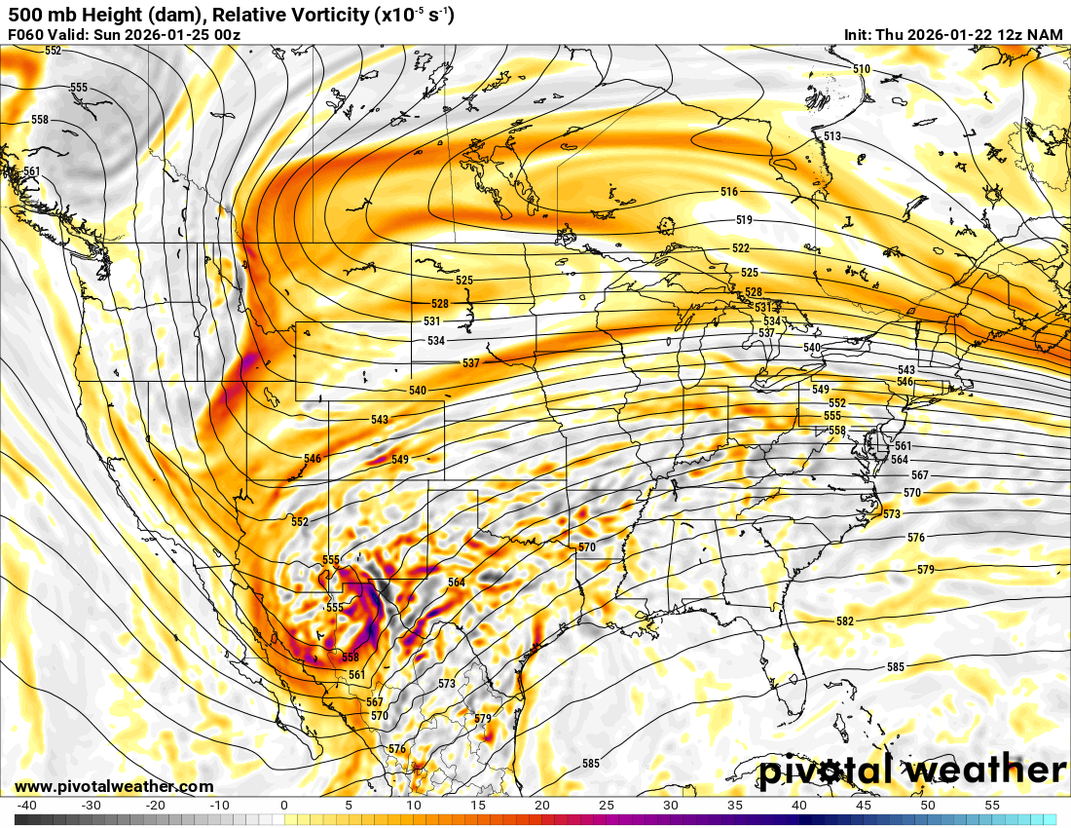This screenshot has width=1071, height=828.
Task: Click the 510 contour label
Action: pos(861,69)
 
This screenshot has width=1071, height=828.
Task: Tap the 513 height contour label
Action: pos(831,136)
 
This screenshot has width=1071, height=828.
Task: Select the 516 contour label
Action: pos(729,192)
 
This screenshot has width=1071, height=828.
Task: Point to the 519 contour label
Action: pos(744,220)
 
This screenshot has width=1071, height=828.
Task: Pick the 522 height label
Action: pos(741,249)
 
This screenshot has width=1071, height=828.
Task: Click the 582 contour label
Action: pos(844,621)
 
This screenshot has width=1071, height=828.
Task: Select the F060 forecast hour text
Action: pos(25,35)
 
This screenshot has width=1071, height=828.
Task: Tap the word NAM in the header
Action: pos(1046,35)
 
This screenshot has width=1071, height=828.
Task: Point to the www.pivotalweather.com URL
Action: pos(114,786)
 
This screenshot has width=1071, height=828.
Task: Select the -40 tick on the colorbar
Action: pos(26,806)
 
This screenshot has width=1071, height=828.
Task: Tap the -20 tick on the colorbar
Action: pos(155,806)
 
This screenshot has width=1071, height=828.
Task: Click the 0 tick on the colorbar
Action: pos(283,806)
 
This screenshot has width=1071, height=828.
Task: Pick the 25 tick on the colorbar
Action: pos(606,806)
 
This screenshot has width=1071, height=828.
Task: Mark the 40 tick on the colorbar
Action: pos(798,806)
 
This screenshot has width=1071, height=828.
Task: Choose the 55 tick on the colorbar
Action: pos(991,806)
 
